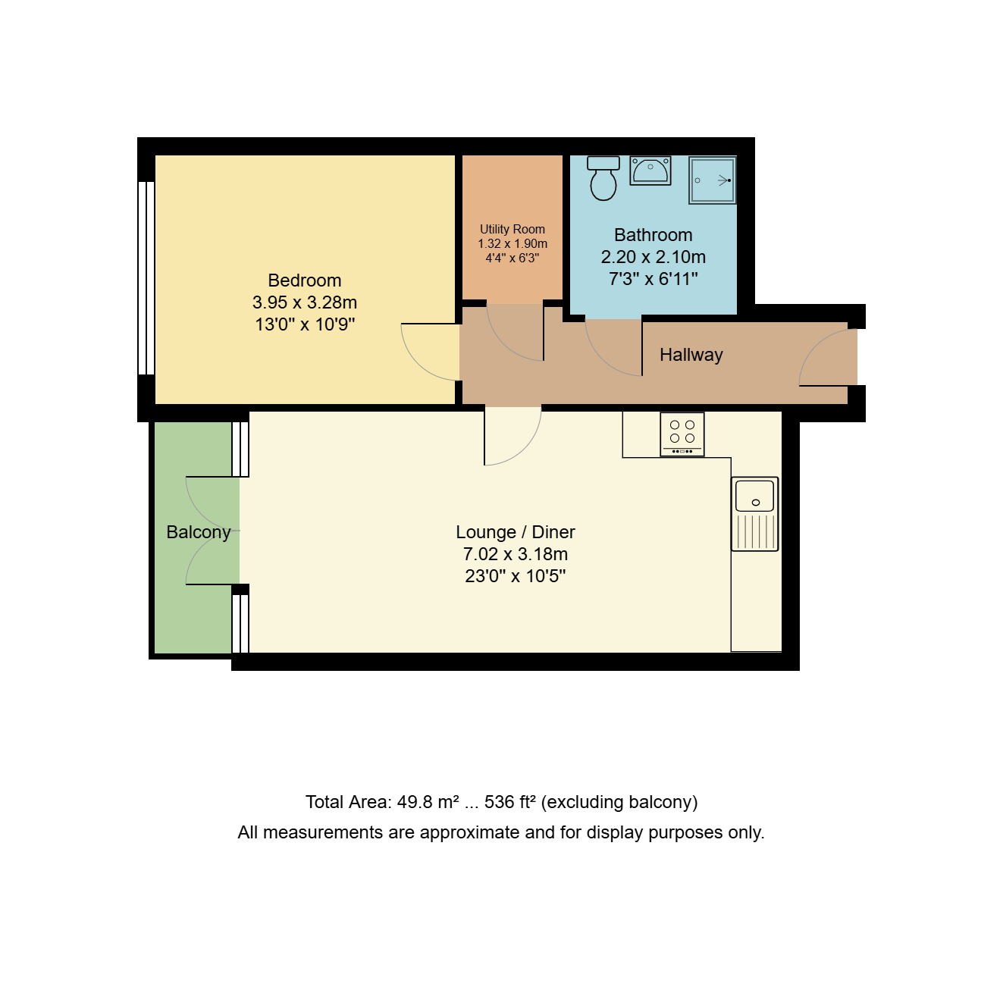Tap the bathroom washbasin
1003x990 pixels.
point(650,171)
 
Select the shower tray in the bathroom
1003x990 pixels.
point(712,180)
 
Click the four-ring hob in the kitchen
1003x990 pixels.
point(682,434)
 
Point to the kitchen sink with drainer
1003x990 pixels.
point(754,513)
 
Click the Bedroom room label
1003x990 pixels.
point(304,280)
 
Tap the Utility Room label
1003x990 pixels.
point(512,229)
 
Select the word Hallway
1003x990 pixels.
point(691,355)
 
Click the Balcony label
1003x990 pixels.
point(198,532)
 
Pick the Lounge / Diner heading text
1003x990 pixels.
point(515,532)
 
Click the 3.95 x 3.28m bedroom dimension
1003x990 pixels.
point(304,302)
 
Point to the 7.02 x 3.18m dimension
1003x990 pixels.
point(515,554)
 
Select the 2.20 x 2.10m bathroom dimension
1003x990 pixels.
point(653,257)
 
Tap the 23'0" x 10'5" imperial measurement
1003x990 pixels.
point(515,576)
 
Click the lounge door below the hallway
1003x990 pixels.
point(512,438)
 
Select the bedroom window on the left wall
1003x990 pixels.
point(146,277)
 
